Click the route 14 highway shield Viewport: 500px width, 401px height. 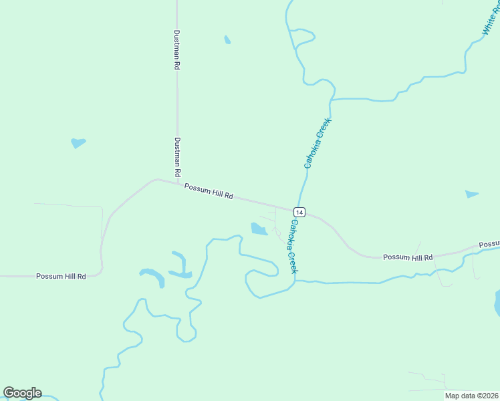point(299,212)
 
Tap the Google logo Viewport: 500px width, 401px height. point(22,393)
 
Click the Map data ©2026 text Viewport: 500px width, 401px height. point(472,396)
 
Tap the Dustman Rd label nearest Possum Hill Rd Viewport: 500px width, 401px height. point(178,158)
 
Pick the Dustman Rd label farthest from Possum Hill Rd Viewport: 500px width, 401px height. point(176,49)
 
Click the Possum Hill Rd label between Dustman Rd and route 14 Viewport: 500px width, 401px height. point(209,192)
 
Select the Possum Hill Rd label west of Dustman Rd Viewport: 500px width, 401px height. point(61,276)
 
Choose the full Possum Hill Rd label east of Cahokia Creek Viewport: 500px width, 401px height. point(408,257)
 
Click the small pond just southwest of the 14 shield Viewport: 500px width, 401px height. point(259,229)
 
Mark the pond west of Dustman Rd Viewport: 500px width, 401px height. point(78,142)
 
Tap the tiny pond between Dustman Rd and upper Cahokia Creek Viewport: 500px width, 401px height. point(227,40)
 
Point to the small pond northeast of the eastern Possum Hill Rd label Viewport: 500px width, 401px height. point(472,194)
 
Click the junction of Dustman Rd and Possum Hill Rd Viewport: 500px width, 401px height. point(177,183)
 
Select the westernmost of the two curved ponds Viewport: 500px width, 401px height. point(152,275)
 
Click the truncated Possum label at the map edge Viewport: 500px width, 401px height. point(490,245)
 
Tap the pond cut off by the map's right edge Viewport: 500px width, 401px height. point(497,303)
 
